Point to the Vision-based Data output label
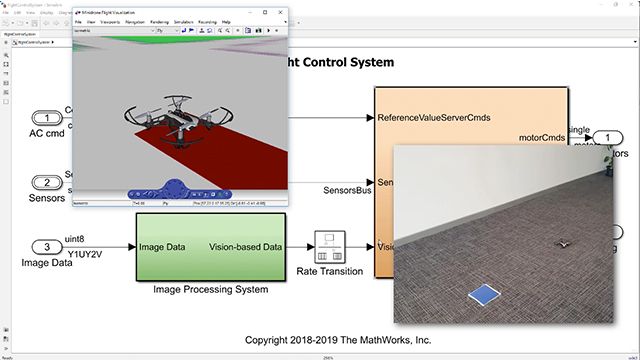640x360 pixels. pos(243,247)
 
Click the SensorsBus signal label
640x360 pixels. pos(345,190)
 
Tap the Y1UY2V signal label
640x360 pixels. pos(85,254)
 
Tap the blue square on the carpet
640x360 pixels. pos(485,294)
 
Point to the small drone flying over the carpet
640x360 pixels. pos(563,243)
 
